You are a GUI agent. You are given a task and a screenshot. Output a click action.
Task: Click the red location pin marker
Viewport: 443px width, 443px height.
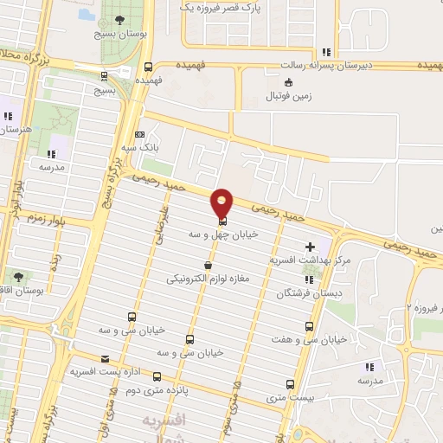point(222,202)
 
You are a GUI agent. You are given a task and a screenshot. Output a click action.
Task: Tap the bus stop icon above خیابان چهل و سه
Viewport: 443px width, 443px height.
point(222,221)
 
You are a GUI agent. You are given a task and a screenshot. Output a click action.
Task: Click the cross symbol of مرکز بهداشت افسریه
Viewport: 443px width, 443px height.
point(311,247)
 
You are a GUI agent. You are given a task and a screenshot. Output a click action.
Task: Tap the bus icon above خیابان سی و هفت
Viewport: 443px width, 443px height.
point(311,326)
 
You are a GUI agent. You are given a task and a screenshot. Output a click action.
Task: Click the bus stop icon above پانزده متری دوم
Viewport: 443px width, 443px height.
point(157,376)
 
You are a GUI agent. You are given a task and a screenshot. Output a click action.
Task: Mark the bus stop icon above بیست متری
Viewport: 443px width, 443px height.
point(289,385)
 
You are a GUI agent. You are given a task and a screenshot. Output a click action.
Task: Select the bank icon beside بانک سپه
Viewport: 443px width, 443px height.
point(141,135)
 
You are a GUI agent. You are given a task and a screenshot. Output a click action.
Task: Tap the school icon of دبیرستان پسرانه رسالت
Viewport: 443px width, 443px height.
point(324,52)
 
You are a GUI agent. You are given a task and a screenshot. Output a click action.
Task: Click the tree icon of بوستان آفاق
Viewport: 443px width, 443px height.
point(19,277)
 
